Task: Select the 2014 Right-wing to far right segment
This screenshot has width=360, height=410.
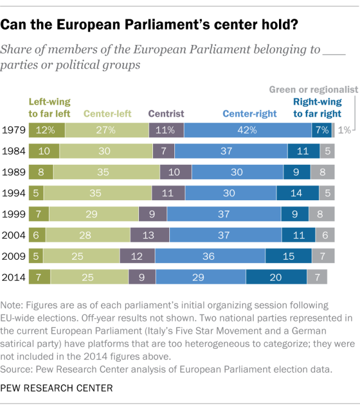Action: click(276, 277)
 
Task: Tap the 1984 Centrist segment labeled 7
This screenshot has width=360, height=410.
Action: click(164, 151)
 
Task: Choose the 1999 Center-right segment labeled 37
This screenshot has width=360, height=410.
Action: click(224, 214)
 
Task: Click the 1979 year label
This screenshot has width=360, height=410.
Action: click(13, 130)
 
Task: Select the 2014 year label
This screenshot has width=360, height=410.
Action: click(13, 277)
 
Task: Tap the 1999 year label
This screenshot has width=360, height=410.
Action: click(13, 214)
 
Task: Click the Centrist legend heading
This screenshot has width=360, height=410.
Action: click(166, 114)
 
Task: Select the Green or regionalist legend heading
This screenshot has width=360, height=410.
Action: click(313, 89)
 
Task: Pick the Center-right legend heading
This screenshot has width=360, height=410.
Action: click(250, 114)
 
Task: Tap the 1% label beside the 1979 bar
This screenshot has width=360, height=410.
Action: click(344, 130)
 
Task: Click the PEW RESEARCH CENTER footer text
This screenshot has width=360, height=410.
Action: click(57, 388)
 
